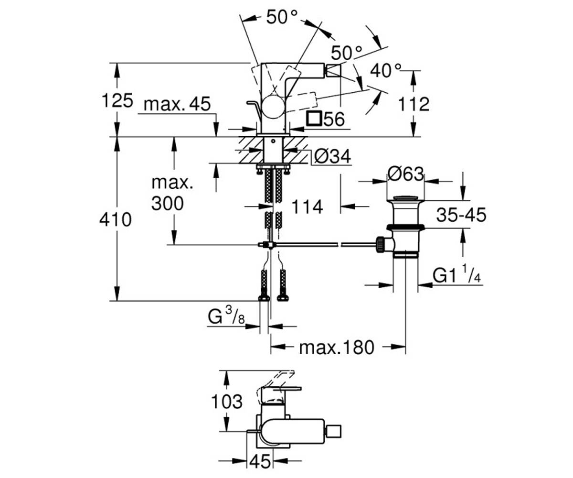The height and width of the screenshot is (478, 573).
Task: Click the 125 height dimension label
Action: (x=117, y=100)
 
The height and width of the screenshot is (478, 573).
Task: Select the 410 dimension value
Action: (x=116, y=220)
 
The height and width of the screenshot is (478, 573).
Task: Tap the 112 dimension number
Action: (x=414, y=104)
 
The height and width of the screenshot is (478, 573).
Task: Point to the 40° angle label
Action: (x=385, y=70)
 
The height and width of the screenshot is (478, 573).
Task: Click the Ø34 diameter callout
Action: (x=332, y=157)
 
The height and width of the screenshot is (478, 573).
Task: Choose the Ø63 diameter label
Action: (x=405, y=174)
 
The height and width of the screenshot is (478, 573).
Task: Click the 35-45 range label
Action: (x=461, y=215)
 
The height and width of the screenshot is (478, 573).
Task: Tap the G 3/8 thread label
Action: (x=226, y=316)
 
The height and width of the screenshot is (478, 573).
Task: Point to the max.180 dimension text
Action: (x=337, y=348)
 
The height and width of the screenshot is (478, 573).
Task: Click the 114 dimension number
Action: (x=307, y=207)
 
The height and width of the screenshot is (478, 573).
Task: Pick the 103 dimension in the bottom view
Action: (x=227, y=402)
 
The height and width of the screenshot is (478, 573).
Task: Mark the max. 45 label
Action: (x=177, y=104)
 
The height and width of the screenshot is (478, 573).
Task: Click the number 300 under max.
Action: (x=168, y=204)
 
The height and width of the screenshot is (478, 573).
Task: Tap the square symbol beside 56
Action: (x=314, y=119)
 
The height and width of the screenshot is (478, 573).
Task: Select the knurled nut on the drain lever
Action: (x=381, y=244)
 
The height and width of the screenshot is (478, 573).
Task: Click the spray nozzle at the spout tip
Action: (x=334, y=71)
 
